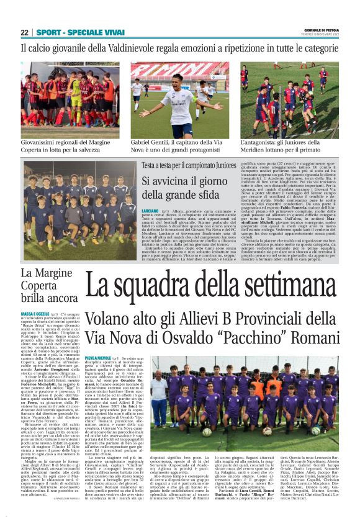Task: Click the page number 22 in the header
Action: coord(24,32)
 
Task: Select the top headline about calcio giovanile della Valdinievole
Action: coord(179,48)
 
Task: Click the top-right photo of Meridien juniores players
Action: coord(289,99)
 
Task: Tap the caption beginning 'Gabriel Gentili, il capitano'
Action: coord(180,147)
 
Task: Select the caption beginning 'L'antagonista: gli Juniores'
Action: coord(289,147)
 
